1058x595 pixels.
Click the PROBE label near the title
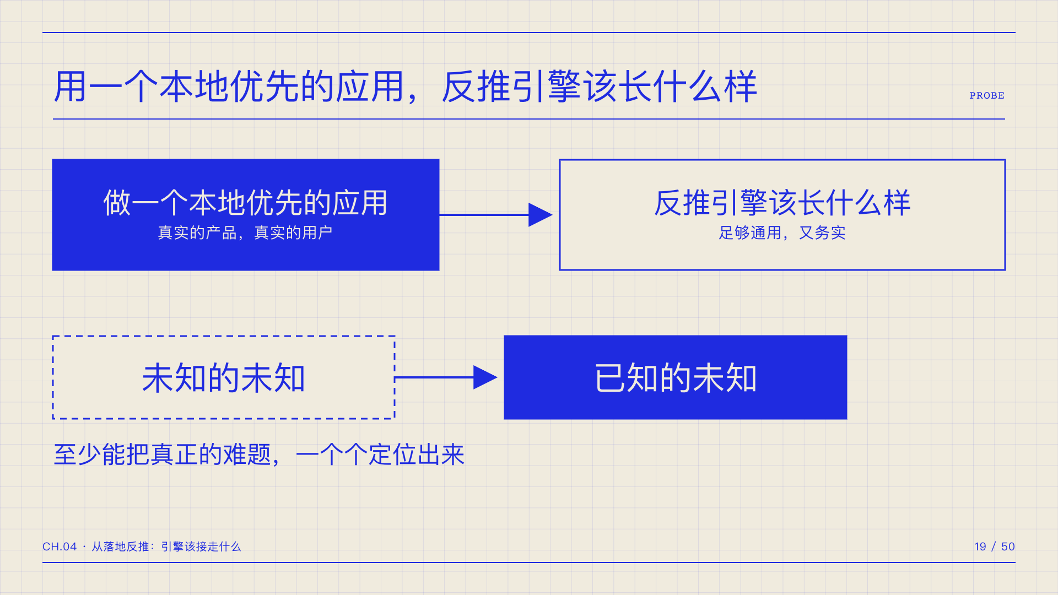point(987,96)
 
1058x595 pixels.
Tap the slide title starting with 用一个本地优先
point(406,87)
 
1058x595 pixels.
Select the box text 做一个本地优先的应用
point(246,203)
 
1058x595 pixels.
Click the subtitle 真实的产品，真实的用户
point(245,232)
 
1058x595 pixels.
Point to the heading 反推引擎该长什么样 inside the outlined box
point(782,203)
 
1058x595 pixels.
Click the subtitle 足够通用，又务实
point(782,232)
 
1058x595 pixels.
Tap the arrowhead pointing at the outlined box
point(540,215)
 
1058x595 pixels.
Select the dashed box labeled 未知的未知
point(224,377)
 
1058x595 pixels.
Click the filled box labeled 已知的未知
point(676,377)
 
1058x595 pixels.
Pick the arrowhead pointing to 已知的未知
point(485,377)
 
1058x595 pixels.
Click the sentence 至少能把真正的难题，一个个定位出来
point(259,455)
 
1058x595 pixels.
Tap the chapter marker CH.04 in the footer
point(60,547)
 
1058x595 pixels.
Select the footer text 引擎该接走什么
point(201,547)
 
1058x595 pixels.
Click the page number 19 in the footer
point(980,547)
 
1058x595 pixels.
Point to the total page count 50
point(1008,547)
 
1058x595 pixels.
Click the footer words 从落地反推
point(121,547)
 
